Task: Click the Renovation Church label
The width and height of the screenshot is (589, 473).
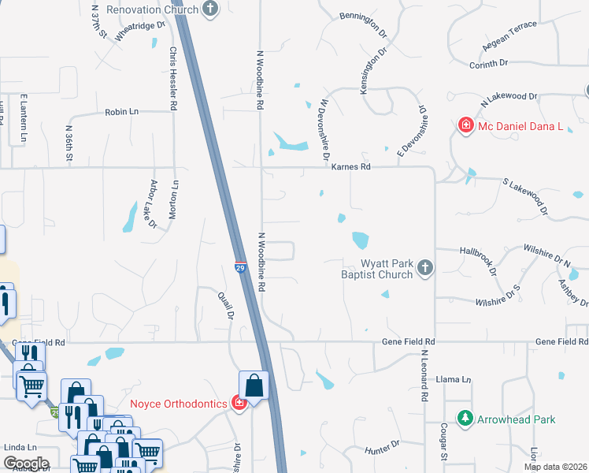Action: (152, 10)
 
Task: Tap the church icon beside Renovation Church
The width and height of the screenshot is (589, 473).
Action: (210, 9)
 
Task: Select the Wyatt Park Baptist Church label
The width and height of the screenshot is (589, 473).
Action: (376, 269)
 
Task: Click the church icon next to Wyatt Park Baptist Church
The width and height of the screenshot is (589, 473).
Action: (425, 268)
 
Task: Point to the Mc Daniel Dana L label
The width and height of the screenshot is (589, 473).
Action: (520, 125)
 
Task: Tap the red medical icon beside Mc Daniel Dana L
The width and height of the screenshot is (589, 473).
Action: (465, 125)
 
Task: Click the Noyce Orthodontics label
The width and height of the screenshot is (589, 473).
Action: (179, 404)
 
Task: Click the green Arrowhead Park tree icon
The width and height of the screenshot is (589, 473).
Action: (465, 419)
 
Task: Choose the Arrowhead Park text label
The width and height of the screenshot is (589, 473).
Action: (516, 419)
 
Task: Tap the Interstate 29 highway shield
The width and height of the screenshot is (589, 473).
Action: (240, 269)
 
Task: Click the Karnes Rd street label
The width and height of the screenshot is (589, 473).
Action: (350, 167)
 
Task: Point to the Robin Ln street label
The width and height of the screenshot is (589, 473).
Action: (121, 113)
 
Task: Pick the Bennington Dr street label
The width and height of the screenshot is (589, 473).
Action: (365, 25)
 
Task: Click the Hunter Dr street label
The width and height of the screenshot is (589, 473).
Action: (383, 449)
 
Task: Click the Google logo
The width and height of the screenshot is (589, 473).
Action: (25, 464)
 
